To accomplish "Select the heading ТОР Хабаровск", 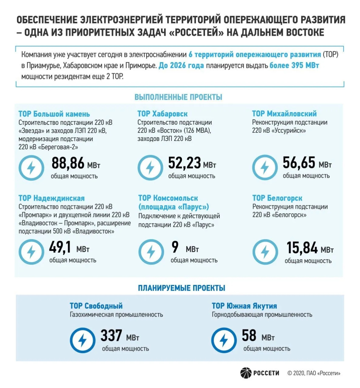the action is point(163,114).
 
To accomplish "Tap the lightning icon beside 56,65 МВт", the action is point(265,167).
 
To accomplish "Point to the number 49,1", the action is point(60,247).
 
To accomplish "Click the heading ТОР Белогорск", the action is point(277,198).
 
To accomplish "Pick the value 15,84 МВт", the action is point(310,248).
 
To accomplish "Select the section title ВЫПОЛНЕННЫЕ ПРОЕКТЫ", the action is point(178,97).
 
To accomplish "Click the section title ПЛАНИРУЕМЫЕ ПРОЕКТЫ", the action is point(182,288).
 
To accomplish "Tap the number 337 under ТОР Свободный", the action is point(111,335).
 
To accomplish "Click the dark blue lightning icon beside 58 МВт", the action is point(224,340).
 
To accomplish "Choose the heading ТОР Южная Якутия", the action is point(244,306).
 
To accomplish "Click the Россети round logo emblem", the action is point(246,373).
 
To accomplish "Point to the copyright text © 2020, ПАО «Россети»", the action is point(314,373).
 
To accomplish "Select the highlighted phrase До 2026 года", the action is point(181,65).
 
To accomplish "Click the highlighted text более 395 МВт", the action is point(294,65).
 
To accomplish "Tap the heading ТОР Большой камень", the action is point(54,114).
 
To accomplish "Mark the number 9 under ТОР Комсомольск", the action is point(175,247).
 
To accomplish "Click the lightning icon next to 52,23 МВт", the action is point(150,168).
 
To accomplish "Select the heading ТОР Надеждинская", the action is point(52,198).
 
